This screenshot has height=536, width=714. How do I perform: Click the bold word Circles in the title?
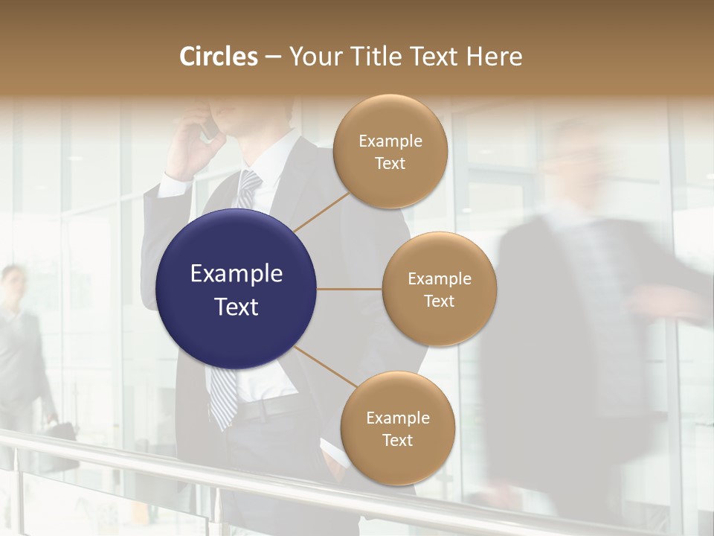(x=218, y=57)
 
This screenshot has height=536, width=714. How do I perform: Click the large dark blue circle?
(x=237, y=289)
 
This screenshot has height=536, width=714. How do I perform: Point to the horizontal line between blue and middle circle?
(x=350, y=289)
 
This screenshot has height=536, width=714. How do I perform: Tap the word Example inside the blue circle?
(x=237, y=274)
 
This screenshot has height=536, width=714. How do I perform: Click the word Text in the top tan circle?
(x=390, y=164)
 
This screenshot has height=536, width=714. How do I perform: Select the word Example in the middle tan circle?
(x=440, y=279)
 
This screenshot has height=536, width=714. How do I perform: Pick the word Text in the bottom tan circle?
(x=397, y=440)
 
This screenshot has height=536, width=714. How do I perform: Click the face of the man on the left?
(x=12, y=283)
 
